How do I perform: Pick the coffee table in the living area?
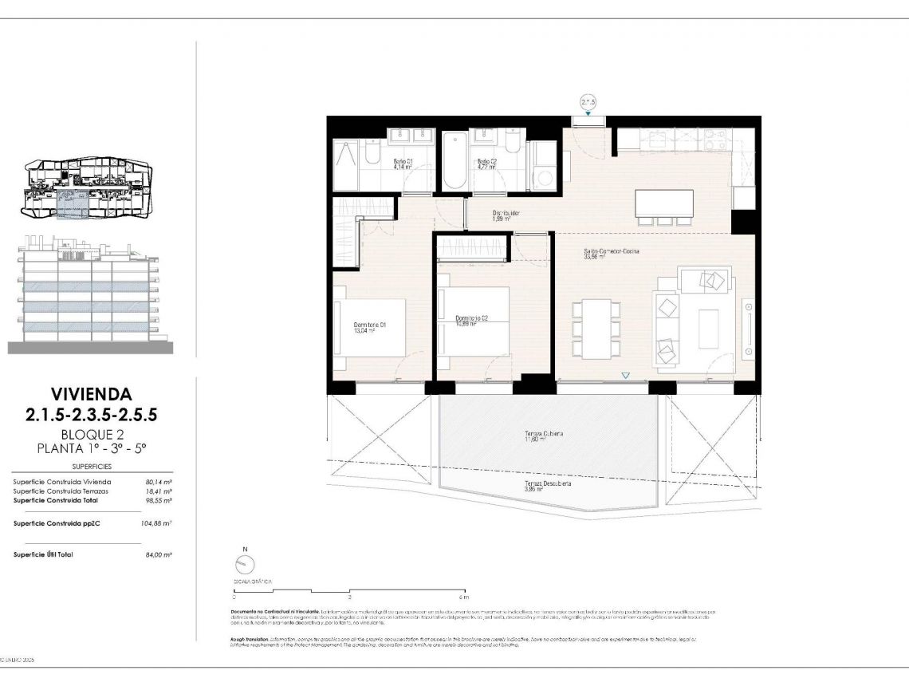point(708,329)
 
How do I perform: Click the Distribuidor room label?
point(506,213)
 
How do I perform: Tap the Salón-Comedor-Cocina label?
point(612,251)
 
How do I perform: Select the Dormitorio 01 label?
point(369,325)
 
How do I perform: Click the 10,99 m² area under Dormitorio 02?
point(466,324)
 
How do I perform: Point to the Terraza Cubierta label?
point(544,434)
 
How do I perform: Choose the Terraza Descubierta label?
point(547,483)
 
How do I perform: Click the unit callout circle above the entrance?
point(588,101)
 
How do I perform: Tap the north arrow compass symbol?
point(246,565)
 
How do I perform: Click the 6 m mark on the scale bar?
point(464,597)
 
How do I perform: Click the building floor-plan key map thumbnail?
point(88,188)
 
